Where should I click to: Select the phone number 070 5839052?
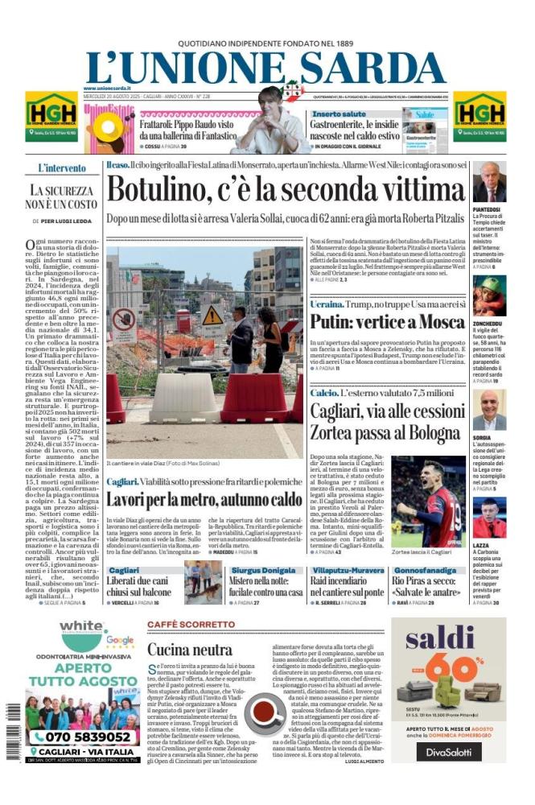point(77,737)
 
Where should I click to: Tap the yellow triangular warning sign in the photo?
point(212,315)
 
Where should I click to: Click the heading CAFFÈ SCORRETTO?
point(191,625)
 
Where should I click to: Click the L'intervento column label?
point(62,168)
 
